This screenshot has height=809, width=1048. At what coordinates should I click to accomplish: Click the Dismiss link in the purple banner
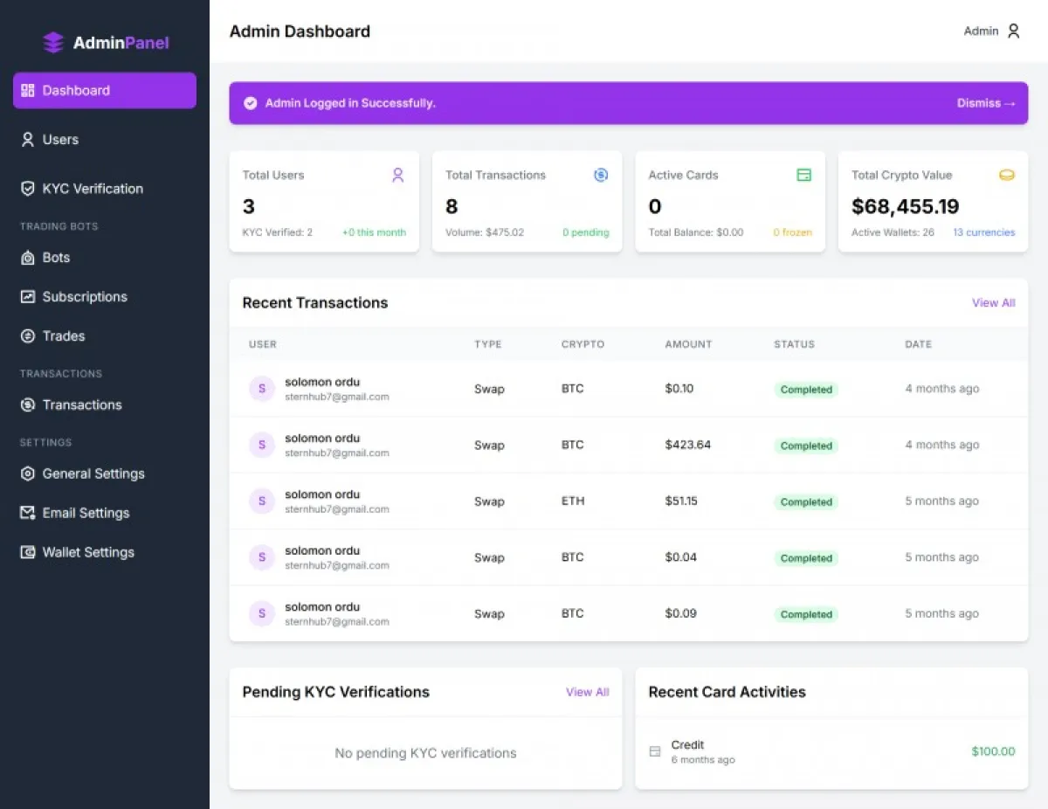(986, 103)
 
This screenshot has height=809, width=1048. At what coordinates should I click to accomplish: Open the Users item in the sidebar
(50, 140)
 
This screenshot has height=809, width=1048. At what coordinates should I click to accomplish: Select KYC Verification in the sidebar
(82, 189)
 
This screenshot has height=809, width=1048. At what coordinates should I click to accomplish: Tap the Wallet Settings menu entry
(77, 552)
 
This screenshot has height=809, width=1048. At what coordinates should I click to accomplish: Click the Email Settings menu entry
(75, 513)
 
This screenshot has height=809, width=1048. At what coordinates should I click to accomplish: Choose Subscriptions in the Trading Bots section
(73, 297)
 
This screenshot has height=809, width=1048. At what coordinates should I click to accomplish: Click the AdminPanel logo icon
(53, 43)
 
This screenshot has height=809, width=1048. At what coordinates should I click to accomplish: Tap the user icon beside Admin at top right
(1014, 31)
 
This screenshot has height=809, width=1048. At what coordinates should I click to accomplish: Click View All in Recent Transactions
(994, 303)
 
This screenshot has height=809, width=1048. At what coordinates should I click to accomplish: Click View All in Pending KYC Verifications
(588, 692)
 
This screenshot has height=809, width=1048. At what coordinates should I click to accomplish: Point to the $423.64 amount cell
(687, 445)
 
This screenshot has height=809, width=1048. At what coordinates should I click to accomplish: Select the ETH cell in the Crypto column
(573, 501)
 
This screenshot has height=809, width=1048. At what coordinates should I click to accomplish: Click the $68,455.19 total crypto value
(906, 206)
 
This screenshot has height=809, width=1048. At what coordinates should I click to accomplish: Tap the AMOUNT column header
(688, 344)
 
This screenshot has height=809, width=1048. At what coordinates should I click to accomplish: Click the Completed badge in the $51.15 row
(806, 501)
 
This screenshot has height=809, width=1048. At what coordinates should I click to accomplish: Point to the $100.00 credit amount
(993, 751)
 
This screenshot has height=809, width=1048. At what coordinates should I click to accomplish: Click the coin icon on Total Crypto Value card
(1007, 175)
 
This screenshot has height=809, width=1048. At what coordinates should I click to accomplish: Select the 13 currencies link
(984, 232)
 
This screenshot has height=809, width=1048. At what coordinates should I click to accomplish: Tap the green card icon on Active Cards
(803, 175)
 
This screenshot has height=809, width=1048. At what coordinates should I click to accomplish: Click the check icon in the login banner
(251, 103)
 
